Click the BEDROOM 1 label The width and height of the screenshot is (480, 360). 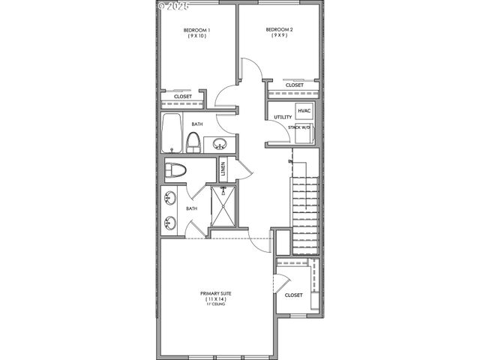197,31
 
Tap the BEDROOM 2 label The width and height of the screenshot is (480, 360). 278,30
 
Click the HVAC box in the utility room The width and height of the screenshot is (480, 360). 304,111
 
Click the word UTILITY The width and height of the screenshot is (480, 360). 283,118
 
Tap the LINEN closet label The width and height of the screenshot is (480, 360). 223,169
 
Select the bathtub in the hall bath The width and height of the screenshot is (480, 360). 172,133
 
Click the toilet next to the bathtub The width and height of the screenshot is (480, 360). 193,142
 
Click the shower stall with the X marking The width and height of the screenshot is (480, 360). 223,206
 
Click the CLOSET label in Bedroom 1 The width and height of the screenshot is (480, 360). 183,97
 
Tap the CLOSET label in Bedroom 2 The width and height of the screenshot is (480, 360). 295,85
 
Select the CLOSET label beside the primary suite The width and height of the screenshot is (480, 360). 294,295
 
